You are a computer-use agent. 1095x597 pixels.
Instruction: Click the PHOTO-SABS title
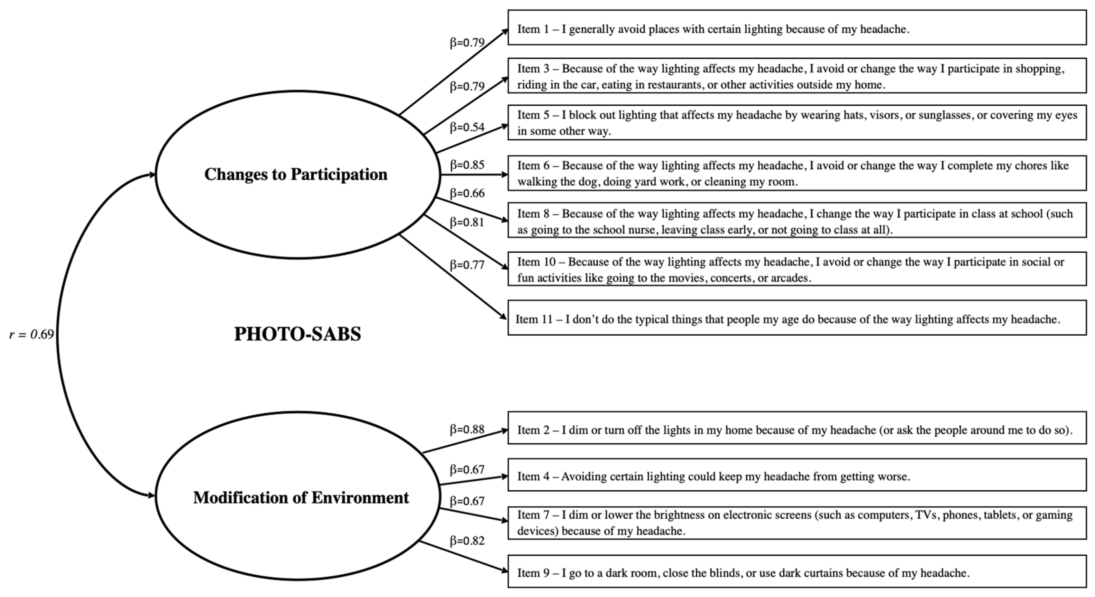coord(298,334)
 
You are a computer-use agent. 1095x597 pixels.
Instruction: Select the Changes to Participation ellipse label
coord(296,174)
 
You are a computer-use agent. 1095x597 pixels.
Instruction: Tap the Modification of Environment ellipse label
coord(301,497)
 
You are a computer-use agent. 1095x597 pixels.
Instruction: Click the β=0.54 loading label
coord(467,127)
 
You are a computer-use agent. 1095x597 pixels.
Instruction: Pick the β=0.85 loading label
coord(467,165)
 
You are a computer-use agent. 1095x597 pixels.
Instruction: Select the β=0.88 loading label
coord(467,429)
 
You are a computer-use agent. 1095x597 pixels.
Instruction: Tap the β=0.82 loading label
coord(467,541)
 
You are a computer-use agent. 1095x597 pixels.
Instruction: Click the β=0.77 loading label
coord(467,265)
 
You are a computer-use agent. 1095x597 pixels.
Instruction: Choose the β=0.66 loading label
coord(467,193)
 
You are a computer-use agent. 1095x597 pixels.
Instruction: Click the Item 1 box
coord(797,27)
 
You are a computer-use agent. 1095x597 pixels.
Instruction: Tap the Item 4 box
coord(797,474)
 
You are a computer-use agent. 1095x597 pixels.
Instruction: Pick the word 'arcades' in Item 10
coord(788,278)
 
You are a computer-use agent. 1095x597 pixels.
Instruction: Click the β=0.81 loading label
coord(467,223)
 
